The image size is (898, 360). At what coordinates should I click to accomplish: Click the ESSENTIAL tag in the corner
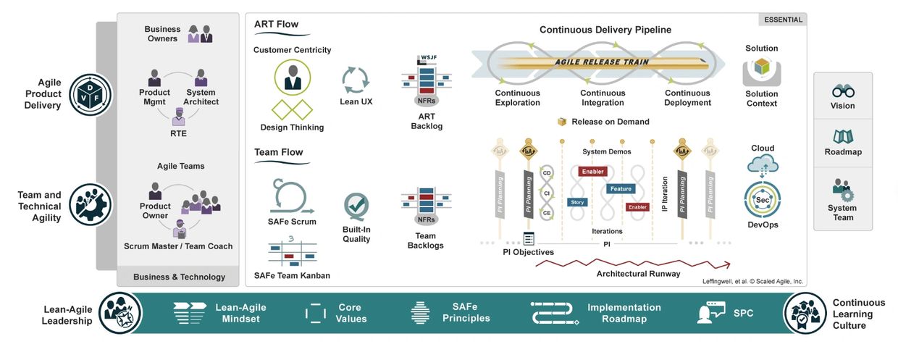click(784, 20)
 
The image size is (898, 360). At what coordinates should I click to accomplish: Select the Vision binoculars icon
click(843, 91)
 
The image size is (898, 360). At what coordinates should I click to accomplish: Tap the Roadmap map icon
click(843, 137)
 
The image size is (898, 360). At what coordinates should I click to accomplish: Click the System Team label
click(843, 212)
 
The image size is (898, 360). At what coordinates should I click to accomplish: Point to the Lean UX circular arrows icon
click(356, 78)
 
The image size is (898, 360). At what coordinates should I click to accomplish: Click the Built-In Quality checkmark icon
click(356, 206)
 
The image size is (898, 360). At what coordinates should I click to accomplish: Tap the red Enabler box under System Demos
click(593, 172)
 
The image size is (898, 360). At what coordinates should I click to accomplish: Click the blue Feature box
click(621, 189)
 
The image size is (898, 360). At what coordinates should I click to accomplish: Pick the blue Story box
click(577, 202)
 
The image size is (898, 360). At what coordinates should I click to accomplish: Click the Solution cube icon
click(761, 68)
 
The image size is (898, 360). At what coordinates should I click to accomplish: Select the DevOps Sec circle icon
click(762, 200)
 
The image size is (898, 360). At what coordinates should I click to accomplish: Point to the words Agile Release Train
click(602, 62)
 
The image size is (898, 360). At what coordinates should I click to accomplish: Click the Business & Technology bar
click(179, 277)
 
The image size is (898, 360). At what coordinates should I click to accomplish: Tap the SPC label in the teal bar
click(743, 313)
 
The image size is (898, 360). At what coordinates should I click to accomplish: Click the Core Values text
click(351, 313)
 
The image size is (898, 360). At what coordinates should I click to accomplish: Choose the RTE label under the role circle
click(177, 133)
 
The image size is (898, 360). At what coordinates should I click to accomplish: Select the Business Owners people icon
click(200, 33)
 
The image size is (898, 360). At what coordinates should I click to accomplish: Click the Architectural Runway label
click(638, 274)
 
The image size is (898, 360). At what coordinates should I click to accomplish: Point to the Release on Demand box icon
click(561, 122)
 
